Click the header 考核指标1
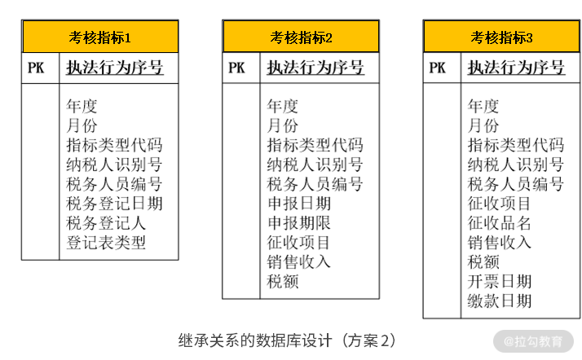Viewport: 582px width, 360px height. (100, 37)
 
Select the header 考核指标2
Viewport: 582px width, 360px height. (301, 37)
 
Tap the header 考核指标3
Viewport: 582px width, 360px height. (501, 37)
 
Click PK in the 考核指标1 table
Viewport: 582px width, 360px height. (36, 68)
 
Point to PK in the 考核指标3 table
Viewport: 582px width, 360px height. (437, 68)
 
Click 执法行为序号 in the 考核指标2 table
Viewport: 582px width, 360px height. (315, 68)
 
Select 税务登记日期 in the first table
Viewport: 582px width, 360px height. (114, 203)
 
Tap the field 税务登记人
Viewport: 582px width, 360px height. (106, 222)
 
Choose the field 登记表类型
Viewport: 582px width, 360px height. (106, 242)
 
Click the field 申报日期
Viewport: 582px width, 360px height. (298, 203)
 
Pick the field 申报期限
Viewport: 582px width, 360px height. (298, 222)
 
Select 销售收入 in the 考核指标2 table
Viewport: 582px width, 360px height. (298, 261)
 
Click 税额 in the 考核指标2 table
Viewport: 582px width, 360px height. (283, 281)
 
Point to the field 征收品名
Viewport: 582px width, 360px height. (499, 222)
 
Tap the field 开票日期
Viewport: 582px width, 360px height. (499, 281)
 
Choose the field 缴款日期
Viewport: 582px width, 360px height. (499, 301)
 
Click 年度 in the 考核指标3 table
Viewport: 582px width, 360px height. (483, 105)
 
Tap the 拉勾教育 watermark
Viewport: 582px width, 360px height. (533, 340)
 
